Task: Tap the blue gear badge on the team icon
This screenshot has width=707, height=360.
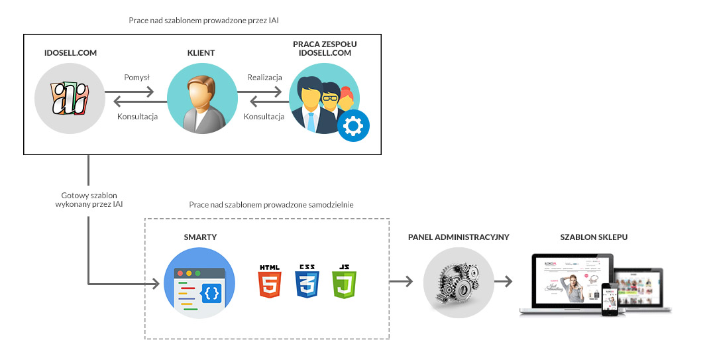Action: pyautogui.click(x=354, y=125)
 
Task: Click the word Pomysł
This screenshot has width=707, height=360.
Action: pyautogui.click(x=137, y=78)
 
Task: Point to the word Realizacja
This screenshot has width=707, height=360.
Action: pyautogui.click(x=266, y=78)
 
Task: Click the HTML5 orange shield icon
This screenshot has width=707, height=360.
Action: pyautogui.click(x=270, y=284)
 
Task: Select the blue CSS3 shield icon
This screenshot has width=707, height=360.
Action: pyautogui.click(x=307, y=284)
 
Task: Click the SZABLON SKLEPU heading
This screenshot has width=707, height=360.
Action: pyautogui.click(x=594, y=237)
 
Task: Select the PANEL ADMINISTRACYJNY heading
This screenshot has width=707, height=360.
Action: pyautogui.click(x=459, y=237)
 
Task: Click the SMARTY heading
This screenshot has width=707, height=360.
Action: pyautogui.click(x=201, y=237)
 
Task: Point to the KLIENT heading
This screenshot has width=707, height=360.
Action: pyautogui.click(x=201, y=52)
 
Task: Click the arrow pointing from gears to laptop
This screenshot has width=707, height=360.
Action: pyautogui.click(x=504, y=282)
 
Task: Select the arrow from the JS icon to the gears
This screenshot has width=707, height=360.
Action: pyautogui.click(x=400, y=282)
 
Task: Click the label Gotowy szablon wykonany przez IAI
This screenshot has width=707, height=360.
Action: pyautogui.click(x=89, y=200)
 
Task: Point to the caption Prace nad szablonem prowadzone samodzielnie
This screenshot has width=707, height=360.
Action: pyautogui.click(x=271, y=205)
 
